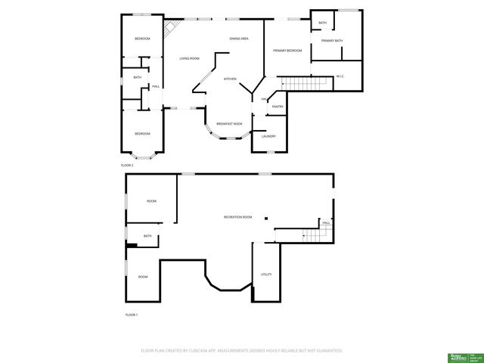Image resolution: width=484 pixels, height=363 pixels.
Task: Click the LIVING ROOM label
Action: pos(189,58)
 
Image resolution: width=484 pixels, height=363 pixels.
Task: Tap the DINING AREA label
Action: pos(240,39)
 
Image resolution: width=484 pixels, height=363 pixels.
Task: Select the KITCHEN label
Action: pos(230,79)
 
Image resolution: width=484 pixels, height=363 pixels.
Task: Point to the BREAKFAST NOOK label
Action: pos(229,123)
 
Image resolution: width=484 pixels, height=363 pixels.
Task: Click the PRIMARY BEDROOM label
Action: pos(287,51)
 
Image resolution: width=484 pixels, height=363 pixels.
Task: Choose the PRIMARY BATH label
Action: pos(332,41)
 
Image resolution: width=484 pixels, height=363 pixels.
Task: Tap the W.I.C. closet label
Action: pos(340,76)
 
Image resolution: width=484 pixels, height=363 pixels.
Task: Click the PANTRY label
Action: pos(278,107)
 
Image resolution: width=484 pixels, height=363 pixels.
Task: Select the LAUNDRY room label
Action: pos(268,136)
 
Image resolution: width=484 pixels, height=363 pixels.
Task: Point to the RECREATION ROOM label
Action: pos(237,217)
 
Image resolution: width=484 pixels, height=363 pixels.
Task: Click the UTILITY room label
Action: pos(266,274)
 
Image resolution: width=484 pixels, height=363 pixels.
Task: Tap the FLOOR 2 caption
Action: pos(127,165)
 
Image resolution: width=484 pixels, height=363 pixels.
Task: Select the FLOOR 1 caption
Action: pos(132,314)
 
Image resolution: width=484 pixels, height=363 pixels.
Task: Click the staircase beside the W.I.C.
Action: pos(296,82)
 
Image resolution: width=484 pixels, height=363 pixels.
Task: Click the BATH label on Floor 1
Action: pos(147,236)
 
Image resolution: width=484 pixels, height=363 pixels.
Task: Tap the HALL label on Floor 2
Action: pos(155,86)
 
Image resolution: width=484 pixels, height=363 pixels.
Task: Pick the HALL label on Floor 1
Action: pos(326,223)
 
